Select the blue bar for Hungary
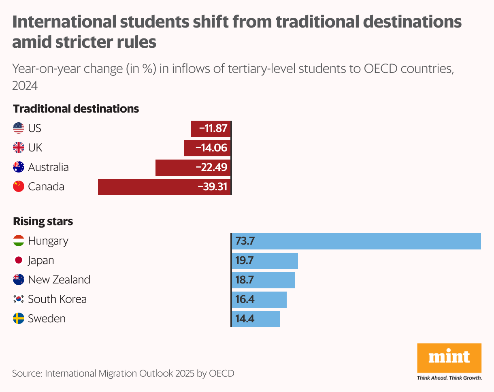click(356, 241)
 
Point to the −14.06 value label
click(211, 148)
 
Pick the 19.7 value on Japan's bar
click(245, 260)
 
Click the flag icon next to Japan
click(18, 260)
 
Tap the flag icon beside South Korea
click(18, 299)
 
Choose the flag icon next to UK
click(18, 148)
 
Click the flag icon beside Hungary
click(18, 241)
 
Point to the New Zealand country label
click(59, 280)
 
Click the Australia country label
click(48, 167)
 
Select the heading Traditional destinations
click(76, 109)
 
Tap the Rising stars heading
click(43, 222)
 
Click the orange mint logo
click(449, 358)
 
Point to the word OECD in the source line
click(221, 373)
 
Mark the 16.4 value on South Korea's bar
click(245, 299)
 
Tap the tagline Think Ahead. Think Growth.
click(449, 378)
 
